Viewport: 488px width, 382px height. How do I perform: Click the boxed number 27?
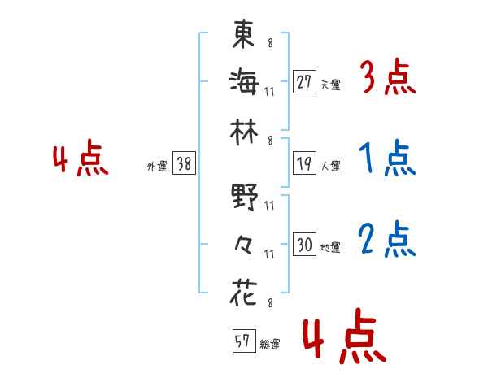(304, 81)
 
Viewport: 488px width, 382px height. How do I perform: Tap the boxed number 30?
(304, 245)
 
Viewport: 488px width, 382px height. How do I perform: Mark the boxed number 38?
(184, 164)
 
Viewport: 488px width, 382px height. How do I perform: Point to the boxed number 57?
(242, 341)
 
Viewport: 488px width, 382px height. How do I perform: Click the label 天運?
(330, 85)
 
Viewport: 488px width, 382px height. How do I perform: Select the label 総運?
(269, 345)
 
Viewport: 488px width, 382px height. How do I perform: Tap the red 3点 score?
(387, 80)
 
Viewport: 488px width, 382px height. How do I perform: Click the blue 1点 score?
(387, 159)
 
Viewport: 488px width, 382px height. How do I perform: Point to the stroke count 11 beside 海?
(269, 91)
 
